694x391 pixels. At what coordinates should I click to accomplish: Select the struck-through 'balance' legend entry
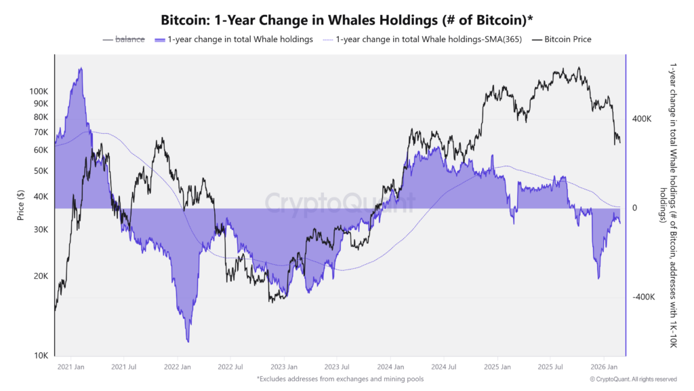pos(129,39)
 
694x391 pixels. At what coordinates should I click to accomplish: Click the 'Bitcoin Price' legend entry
pos(567,39)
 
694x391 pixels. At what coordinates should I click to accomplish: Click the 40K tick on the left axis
pos(40,197)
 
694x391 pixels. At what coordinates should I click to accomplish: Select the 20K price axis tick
pos(40,276)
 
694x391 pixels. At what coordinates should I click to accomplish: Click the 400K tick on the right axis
pos(641,119)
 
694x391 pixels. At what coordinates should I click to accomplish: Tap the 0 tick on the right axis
pos(634,208)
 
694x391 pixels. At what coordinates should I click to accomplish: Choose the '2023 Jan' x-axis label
pos(283,367)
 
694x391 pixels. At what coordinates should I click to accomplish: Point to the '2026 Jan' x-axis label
pos(603,367)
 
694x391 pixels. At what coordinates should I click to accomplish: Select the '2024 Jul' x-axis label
pos(443,367)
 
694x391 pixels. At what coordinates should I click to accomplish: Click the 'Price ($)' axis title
pos(21,204)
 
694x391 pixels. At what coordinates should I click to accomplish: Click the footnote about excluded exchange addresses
pos(340,379)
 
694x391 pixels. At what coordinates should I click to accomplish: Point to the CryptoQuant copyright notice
pos(633,379)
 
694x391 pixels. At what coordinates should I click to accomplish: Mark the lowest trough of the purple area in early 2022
pos(188,341)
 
